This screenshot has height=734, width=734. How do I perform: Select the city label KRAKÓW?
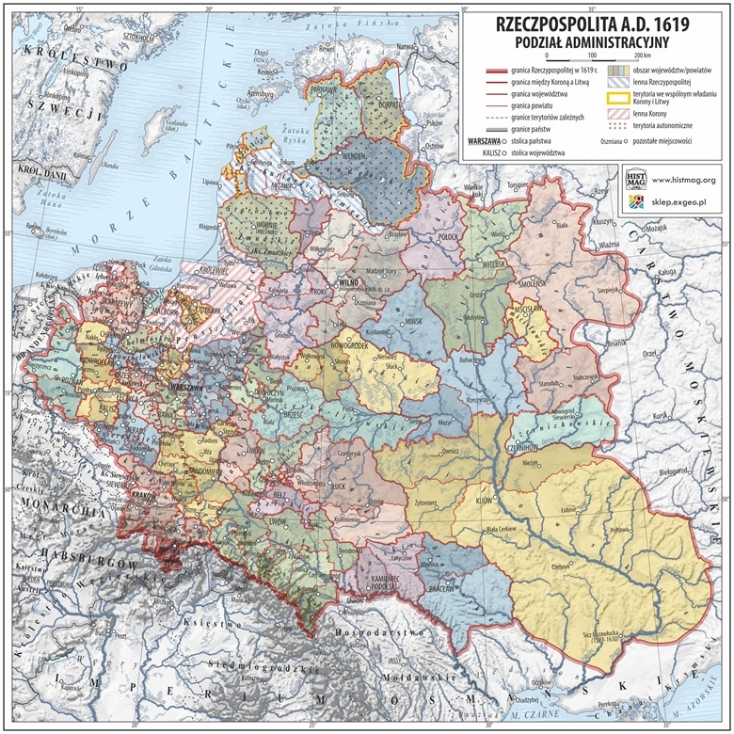pos(145,494)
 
